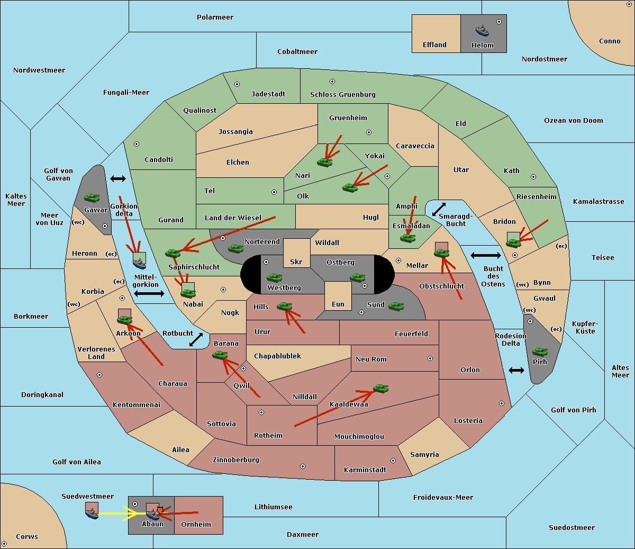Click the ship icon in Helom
pyautogui.click(x=482, y=31)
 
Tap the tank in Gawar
pyautogui.click(x=92, y=197)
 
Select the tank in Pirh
pyautogui.click(x=540, y=352)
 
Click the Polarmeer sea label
pyautogui.click(x=215, y=17)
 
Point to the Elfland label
pyautogui.click(x=434, y=45)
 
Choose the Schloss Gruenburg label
pyautogui.click(x=342, y=94)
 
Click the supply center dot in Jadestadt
pyautogui.click(x=237, y=84)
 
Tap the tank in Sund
pyautogui.click(x=396, y=306)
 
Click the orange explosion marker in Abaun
pyautogui.click(x=160, y=510)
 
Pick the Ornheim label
pyautogui.click(x=196, y=524)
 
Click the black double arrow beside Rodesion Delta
pyautogui.click(x=516, y=371)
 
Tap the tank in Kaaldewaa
pyautogui.click(x=380, y=389)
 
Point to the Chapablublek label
pyautogui.click(x=277, y=356)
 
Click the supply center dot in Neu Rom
pyautogui.click(x=430, y=358)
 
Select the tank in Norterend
pyautogui.click(x=235, y=248)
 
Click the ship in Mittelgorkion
pyautogui.click(x=139, y=264)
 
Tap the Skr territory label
pyautogui.click(x=296, y=262)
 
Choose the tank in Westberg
pyautogui.click(x=274, y=277)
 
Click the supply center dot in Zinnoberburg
pyautogui.click(x=303, y=466)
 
